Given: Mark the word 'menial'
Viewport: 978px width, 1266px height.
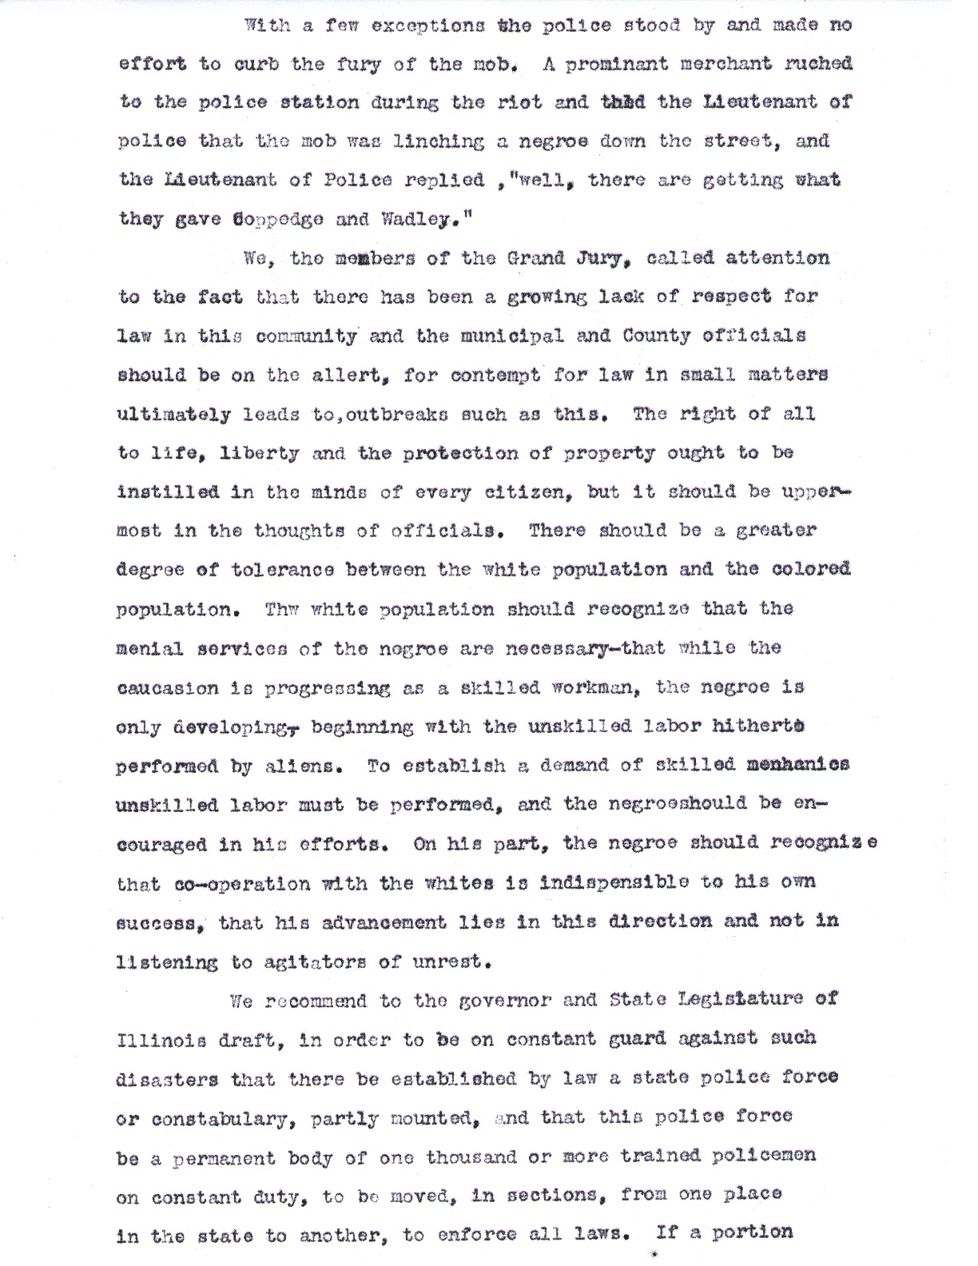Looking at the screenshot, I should coord(151,648).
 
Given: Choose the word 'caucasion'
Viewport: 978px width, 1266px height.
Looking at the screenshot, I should coord(167,687).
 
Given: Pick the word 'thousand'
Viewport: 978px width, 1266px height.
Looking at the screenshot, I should coord(471,1157).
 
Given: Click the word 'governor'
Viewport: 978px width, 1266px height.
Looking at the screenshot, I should coord(501,1001).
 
